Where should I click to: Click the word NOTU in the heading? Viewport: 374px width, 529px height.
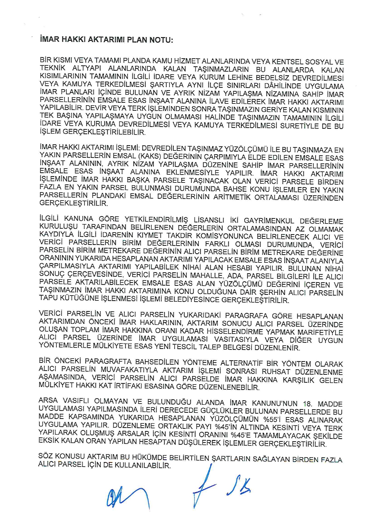[161, 40]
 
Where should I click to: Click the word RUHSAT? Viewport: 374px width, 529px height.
[276, 372]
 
